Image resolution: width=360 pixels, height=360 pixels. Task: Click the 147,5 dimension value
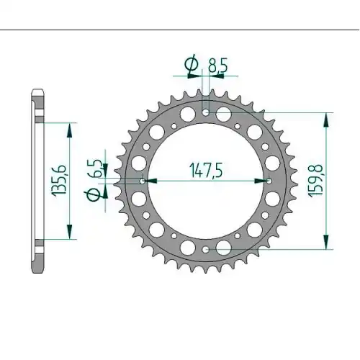coord(206,170)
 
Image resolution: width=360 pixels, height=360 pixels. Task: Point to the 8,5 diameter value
coord(217,65)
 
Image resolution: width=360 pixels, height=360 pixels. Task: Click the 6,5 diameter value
coord(96,168)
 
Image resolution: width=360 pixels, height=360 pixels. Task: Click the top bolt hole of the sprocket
coord(206,112)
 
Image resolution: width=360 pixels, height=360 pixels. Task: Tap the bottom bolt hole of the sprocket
coord(205,250)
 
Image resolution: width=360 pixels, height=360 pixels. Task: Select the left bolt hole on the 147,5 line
coord(143,181)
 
